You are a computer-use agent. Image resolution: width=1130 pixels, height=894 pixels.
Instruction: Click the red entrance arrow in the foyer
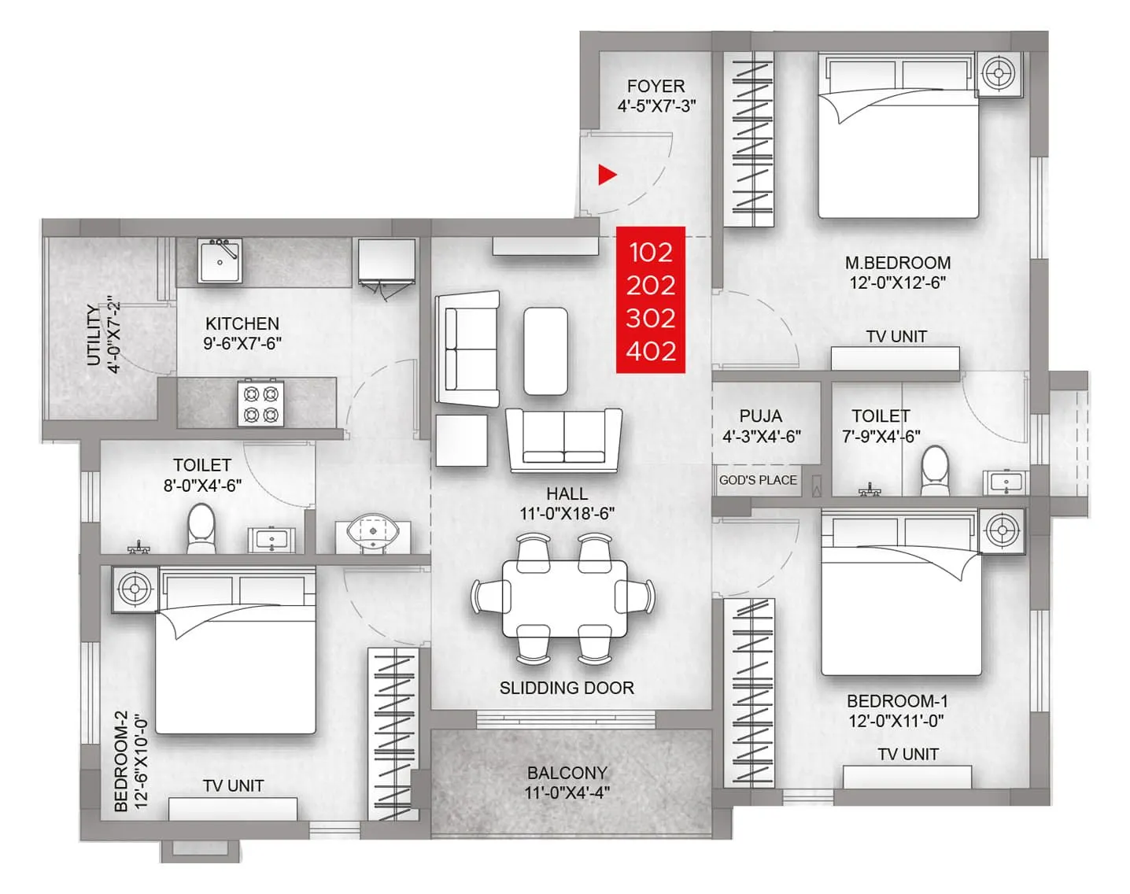click(x=607, y=175)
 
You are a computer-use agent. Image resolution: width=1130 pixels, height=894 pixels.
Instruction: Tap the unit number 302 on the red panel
click(x=651, y=318)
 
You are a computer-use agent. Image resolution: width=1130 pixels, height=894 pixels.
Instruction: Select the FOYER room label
click(x=655, y=86)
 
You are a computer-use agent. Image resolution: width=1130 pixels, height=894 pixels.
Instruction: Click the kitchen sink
click(x=220, y=261)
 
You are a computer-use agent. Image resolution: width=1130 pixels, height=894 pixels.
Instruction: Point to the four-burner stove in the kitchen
click(x=261, y=403)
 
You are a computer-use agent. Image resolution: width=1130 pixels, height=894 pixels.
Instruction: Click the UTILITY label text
click(x=94, y=336)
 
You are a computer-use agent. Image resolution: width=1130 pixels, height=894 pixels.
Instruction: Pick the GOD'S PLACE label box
click(x=758, y=480)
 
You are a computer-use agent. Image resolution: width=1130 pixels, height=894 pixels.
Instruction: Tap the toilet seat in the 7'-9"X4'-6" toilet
click(x=935, y=465)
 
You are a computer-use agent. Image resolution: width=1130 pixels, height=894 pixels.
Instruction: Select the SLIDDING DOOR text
click(x=567, y=688)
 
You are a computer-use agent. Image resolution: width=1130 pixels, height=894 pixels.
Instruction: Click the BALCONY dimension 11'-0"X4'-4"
click(x=567, y=793)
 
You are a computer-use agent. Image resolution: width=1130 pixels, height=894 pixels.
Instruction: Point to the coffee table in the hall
click(x=545, y=351)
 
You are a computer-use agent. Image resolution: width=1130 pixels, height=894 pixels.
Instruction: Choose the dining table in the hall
click(x=565, y=598)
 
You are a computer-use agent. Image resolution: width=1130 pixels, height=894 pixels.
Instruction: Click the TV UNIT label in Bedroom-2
click(x=233, y=785)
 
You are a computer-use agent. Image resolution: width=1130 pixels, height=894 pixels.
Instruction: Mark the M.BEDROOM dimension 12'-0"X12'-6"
click(x=898, y=283)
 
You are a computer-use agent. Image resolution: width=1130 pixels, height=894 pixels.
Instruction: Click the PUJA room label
click(x=760, y=416)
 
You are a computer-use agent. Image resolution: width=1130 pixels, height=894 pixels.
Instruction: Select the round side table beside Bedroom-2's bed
click(x=135, y=589)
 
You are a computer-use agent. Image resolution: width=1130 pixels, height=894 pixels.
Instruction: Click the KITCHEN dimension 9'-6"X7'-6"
click(x=242, y=343)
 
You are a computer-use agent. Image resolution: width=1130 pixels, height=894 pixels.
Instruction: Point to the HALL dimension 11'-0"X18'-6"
click(x=567, y=514)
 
